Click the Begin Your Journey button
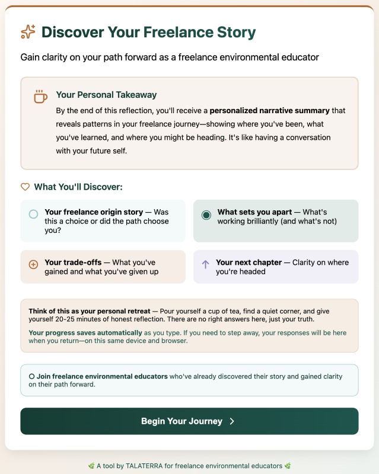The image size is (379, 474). pyautogui.click(x=189, y=421)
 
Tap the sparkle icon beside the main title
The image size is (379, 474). pyautogui.click(x=28, y=32)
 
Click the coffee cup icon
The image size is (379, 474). pyautogui.click(x=40, y=97)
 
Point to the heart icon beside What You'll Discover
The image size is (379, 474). pyautogui.click(x=25, y=187)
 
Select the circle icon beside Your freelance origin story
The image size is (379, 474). pyautogui.click(x=33, y=214)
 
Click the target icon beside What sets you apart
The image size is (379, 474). pyautogui.click(x=206, y=215)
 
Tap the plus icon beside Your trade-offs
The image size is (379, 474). pyautogui.click(x=33, y=264)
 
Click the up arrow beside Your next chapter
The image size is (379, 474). pyautogui.click(x=206, y=264)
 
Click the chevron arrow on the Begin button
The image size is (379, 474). pyautogui.click(x=232, y=421)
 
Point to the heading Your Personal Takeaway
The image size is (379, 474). pyautogui.click(x=106, y=95)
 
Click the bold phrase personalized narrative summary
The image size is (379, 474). pyautogui.click(x=269, y=110)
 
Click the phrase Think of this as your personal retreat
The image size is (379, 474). pyautogui.click(x=89, y=311)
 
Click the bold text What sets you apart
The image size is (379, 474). pyautogui.click(x=254, y=212)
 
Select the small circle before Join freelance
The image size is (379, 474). pyautogui.click(x=31, y=376)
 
